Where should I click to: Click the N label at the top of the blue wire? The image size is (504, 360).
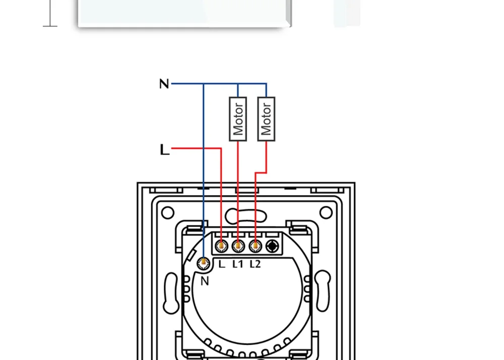click(x=164, y=84)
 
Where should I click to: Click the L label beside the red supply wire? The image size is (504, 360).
click(x=164, y=150)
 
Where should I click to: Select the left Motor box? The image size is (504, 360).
click(x=238, y=119)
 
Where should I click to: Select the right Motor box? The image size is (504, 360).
click(x=266, y=119)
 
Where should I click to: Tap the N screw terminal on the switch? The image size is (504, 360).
click(x=204, y=263)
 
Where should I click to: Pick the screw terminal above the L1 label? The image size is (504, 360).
click(x=238, y=246)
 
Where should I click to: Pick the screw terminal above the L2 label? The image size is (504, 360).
click(x=255, y=246)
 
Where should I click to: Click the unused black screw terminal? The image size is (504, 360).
click(x=273, y=246)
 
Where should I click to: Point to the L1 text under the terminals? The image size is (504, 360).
click(x=238, y=264)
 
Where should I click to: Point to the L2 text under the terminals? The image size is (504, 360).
click(x=255, y=264)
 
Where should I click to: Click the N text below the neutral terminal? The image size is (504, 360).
click(x=204, y=281)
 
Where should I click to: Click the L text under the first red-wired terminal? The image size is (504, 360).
click(x=222, y=264)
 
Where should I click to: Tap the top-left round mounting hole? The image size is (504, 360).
click(x=168, y=212)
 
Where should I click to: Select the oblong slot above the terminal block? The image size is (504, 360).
click(x=246, y=216)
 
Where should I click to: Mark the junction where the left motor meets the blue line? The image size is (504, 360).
click(x=238, y=84)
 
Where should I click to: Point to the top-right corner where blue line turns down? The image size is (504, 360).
click(x=266, y=84)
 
